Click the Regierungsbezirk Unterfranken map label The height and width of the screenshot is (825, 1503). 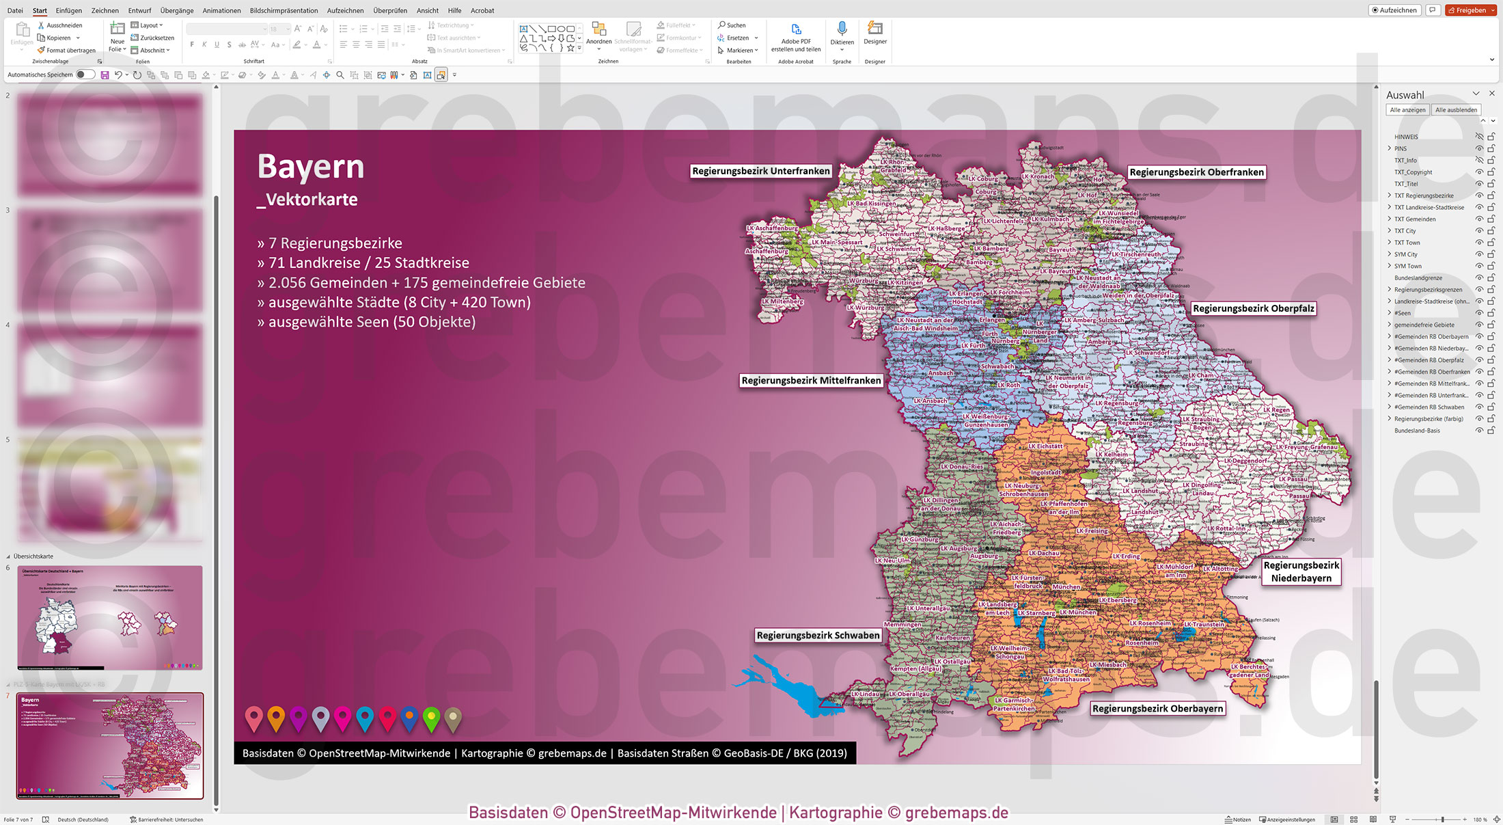(x=760, y=172)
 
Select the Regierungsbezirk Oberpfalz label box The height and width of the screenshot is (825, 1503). (x=1253, y=309)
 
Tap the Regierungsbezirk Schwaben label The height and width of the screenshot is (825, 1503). (x=818, y=636)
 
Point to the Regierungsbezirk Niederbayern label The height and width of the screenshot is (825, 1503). (x=1301, y=572)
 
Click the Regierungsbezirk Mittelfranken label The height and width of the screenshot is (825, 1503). (x=811, y=381)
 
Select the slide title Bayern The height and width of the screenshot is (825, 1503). (x=311, y=167)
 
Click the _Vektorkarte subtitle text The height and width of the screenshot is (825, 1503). (x=307, y=200)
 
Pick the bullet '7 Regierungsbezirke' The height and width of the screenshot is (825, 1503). (x=329, y=243)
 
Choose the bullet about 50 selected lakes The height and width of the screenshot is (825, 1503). (x=366, y=322)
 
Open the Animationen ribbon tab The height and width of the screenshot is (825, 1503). (x=221, y=11)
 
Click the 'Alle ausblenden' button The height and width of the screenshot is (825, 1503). (x=1456, y=110)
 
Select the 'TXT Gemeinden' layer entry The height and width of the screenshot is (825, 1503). (x=1415, y=219)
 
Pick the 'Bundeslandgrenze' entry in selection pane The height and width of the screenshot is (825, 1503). (x=1418, y=278)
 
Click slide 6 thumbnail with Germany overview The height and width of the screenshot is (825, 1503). (x=110, y=617)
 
